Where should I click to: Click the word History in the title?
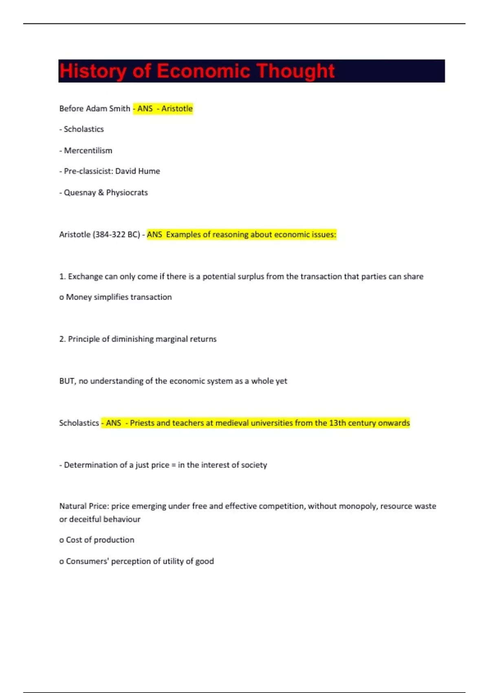point(93,71)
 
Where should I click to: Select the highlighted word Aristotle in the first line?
point(177,108)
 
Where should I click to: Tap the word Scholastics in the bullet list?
point(84,129)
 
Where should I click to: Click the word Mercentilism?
point(88,150)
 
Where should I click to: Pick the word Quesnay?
point(80,192)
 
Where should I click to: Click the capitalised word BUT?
point(67,381)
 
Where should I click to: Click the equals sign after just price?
point(173,465)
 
